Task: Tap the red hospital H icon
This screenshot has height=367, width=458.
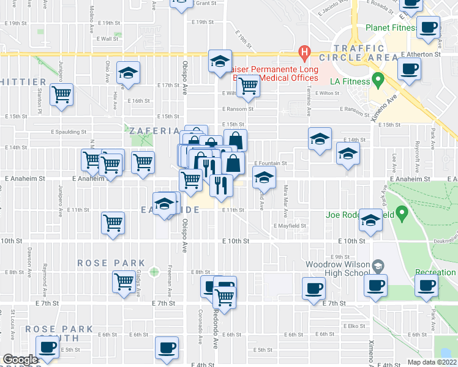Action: (302, 53)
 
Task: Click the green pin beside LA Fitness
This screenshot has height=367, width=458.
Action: (378, 80)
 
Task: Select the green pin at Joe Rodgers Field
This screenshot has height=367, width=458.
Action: (402, 213)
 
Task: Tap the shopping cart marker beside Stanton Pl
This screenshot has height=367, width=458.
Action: (61, 95)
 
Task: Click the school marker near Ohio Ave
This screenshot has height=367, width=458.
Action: (128, 73)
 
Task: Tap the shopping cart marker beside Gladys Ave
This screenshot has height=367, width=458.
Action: (124, 282)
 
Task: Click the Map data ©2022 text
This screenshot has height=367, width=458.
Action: (431, 362)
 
